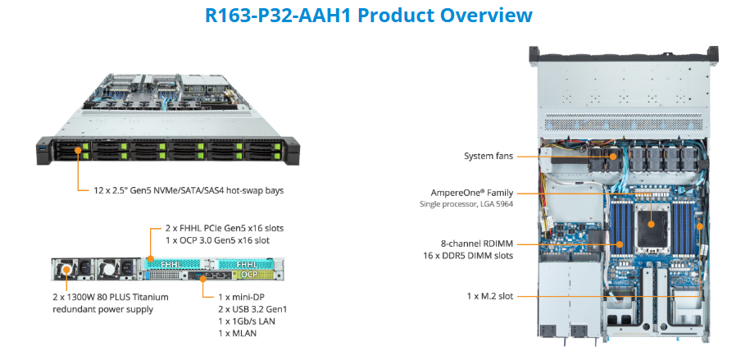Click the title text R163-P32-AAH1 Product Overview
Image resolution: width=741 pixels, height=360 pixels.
370,16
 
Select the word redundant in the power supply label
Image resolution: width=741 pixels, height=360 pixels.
76,308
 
